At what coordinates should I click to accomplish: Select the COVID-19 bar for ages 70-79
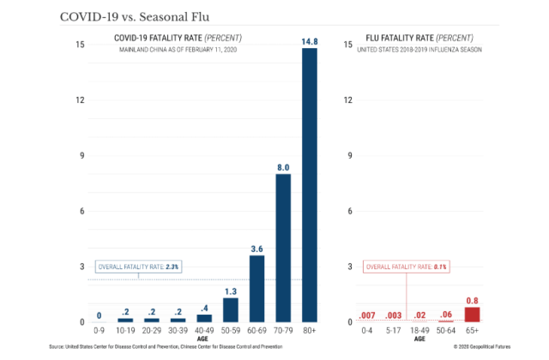point(283,248)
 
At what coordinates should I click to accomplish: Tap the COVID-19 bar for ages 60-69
point(256,288)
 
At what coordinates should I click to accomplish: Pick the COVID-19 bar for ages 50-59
point(231,309)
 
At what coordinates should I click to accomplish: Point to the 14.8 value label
point(309,40)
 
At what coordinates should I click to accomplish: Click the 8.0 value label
point(283,167)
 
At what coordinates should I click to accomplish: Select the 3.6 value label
point(256,249)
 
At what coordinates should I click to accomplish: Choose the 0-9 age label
point(100,329)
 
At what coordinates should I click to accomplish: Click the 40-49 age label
point(204,329)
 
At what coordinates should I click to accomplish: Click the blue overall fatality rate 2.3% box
point(137,267)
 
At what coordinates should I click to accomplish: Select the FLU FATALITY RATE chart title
point(419,39)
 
